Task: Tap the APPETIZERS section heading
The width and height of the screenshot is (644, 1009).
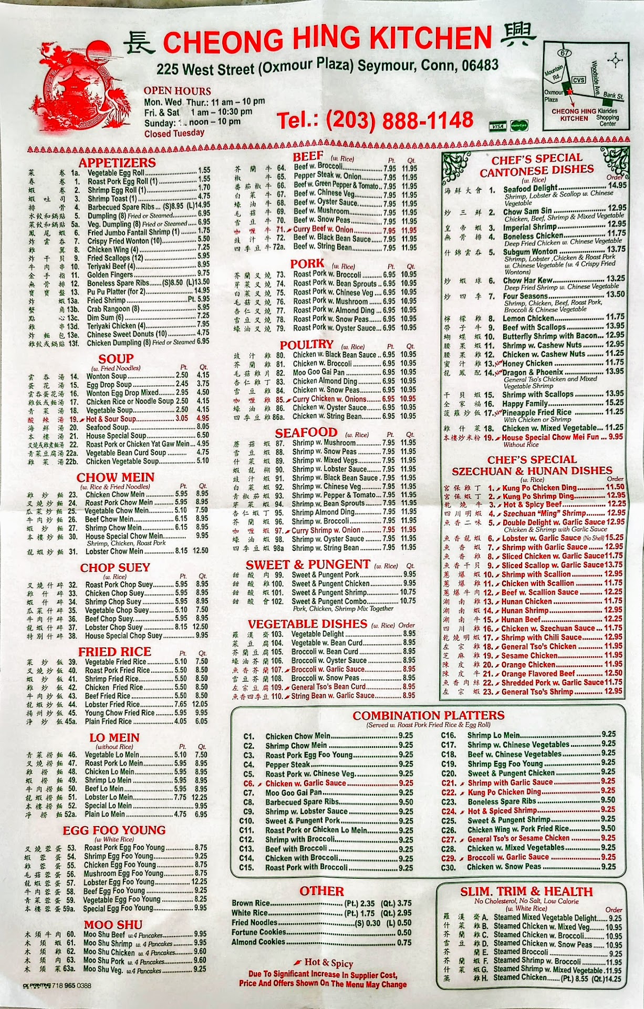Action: coord(117,162)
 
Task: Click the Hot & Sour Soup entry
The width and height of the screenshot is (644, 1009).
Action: coord(110,419)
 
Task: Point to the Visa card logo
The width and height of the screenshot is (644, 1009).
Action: coord(497,126)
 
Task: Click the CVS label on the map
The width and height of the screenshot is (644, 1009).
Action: coord(578,80)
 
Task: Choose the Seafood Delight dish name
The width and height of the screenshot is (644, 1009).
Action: coord(530,188)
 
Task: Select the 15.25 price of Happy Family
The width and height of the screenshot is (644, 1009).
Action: coord(615,403)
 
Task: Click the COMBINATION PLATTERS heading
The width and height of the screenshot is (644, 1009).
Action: coord(428,715)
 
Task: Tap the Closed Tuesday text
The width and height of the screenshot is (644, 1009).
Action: coord(174,133)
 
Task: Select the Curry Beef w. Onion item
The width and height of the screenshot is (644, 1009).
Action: coord(323,230)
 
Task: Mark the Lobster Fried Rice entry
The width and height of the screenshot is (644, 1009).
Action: coord(112,704)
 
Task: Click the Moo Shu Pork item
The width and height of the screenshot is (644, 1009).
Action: coord(104,961)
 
